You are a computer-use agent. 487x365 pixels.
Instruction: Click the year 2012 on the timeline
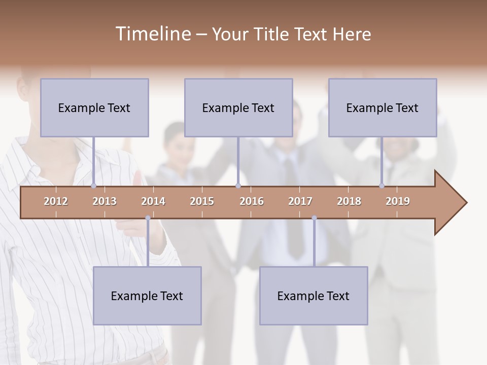tap(56, 201)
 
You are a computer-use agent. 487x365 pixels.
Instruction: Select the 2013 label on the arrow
tap(105, 201)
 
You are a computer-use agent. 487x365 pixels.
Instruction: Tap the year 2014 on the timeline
tap(153, 201)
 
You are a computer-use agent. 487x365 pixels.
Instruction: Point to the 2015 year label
tap(202, 201)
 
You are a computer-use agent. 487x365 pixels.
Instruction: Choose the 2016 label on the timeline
tap(252, 201)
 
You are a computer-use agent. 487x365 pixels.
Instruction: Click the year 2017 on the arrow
tap(300, 201)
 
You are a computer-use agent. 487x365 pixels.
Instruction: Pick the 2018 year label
tap(349, 201)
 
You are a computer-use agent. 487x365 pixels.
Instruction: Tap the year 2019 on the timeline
tap(398, 201)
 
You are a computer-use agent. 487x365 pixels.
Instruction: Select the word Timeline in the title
tap(152, 34)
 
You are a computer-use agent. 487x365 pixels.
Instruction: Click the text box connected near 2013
tap(94, 107)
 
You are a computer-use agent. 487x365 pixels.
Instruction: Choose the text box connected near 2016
tap(238, 107)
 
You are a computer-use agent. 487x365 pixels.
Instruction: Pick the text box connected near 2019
tap(382, 107)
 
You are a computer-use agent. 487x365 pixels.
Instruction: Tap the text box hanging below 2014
tap(147, 296)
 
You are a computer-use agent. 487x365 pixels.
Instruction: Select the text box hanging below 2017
tap(314, 296)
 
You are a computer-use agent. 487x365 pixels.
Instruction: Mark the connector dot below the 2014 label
tap(148, 218)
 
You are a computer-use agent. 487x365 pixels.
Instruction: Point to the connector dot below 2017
tap(314, 218)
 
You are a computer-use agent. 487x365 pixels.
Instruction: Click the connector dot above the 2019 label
tap(382, 186)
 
